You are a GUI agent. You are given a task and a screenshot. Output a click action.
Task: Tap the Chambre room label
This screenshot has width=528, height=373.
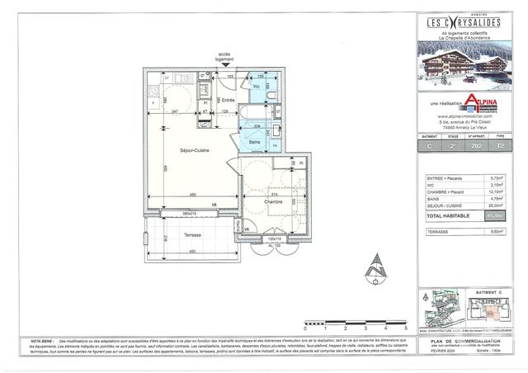[x=274, y=201]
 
